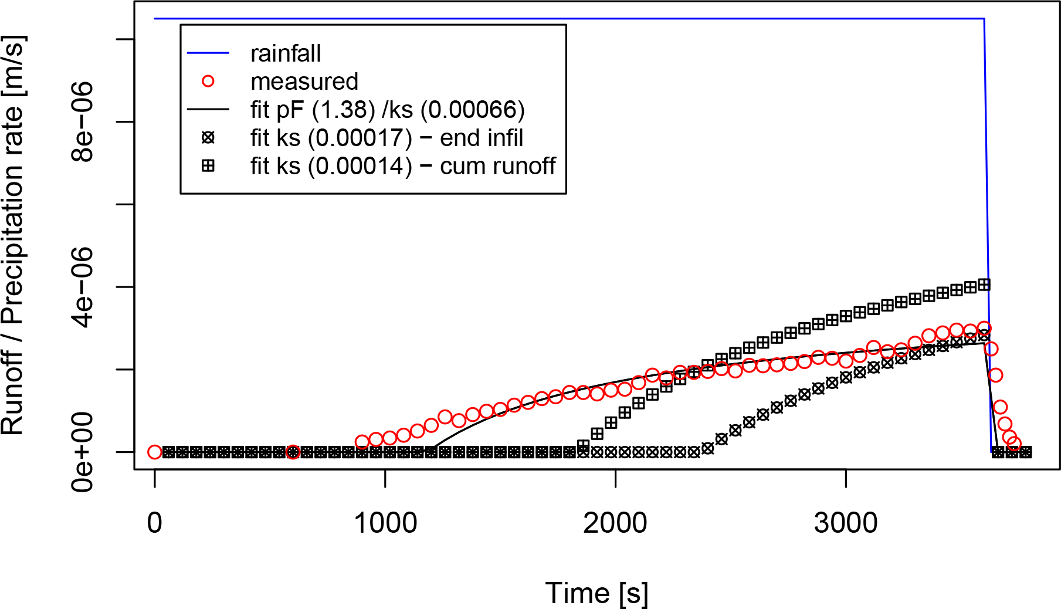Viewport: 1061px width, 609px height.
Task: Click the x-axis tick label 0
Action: [154, 523]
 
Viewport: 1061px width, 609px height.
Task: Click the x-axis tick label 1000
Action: [385, 523]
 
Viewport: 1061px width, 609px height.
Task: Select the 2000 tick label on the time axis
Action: [615, 523]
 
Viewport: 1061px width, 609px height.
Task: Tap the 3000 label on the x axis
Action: [846, 523]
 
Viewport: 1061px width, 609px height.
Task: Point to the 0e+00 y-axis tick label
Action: [82, 452]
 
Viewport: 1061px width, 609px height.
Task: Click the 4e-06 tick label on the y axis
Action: [82, 287]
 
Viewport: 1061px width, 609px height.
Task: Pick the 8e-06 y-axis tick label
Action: [82, 121]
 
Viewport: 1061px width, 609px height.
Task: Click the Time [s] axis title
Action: [596, 593]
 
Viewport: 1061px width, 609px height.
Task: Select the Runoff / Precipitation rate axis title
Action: [13, 235]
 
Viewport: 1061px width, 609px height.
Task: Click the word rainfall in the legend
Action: [286, 53]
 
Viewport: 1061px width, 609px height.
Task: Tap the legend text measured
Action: [304, 82]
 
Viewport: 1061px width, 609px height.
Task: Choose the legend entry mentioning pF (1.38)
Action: [387, 110]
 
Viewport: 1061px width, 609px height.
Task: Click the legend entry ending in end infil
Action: [387, 138]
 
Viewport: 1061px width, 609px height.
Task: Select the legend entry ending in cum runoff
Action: [402, 166]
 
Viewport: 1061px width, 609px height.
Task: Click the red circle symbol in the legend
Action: [208, 82]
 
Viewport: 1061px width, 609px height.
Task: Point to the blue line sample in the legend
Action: [208, 53]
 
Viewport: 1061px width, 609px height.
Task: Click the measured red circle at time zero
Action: [155, 452]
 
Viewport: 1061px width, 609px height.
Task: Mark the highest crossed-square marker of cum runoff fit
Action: [984, 285]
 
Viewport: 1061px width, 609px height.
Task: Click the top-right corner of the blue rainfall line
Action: [984, 19]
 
